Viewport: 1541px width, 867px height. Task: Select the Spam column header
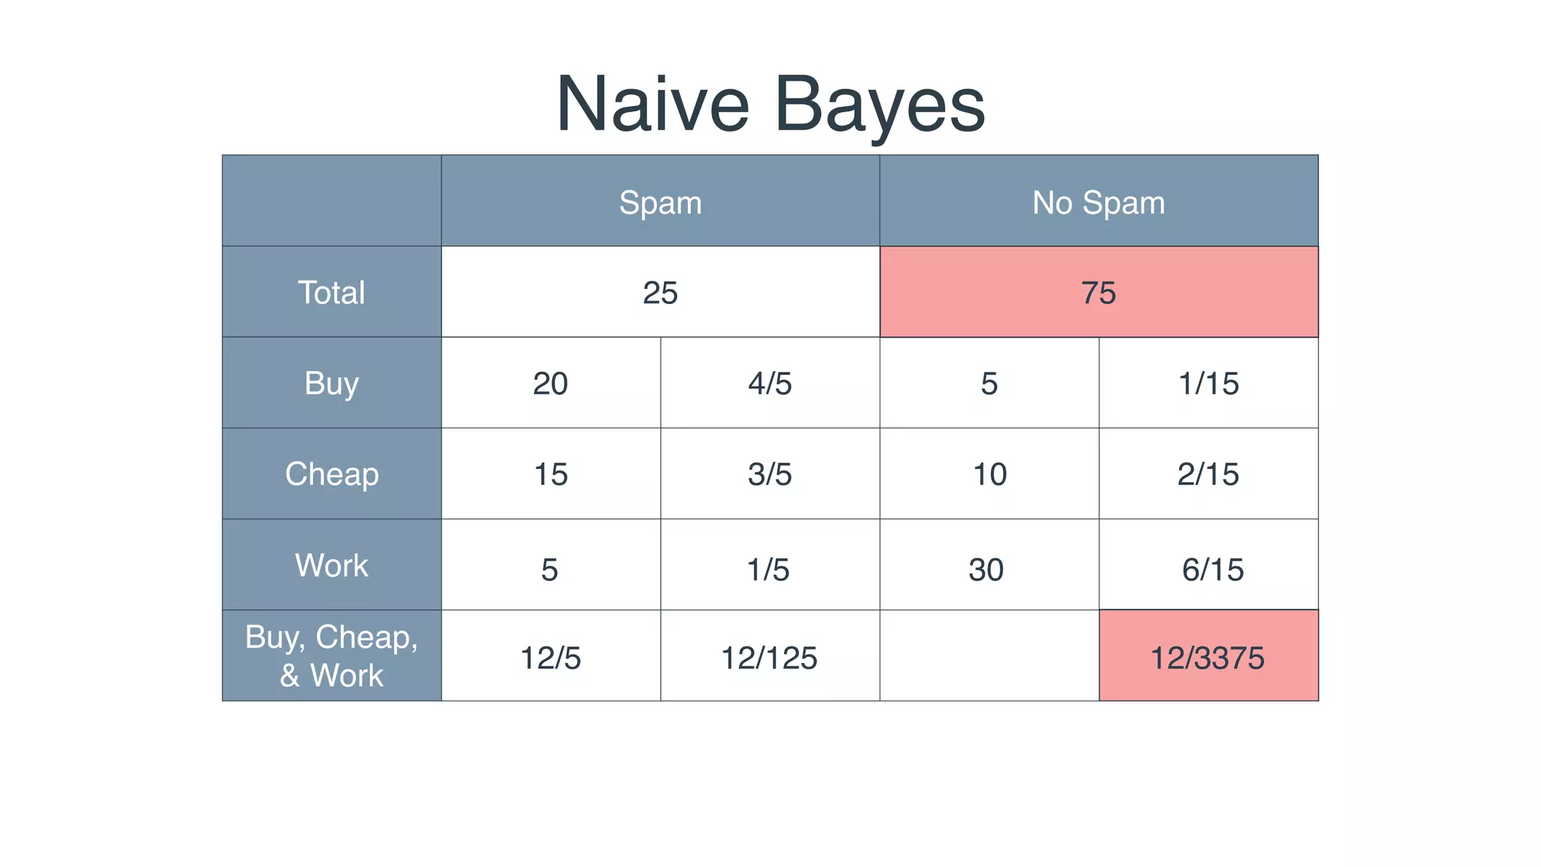point(660,202)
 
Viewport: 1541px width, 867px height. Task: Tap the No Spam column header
point(1098,202)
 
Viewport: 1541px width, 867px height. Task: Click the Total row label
point(331,292)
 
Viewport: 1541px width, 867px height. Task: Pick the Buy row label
point(331,383)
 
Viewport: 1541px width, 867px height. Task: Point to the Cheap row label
point(331,474)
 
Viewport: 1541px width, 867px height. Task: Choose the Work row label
point(331,565)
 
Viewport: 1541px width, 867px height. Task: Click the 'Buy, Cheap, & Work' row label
point(331,656)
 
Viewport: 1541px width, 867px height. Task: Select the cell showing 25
point(660,293)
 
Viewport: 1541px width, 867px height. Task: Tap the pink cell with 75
point(1098,293)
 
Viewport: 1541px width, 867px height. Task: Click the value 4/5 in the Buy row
point(769,384)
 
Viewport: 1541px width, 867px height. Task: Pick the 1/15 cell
point(1208,384)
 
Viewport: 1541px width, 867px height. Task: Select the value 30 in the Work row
point(986,570)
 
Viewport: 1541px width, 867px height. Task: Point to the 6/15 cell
point(1212,570)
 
